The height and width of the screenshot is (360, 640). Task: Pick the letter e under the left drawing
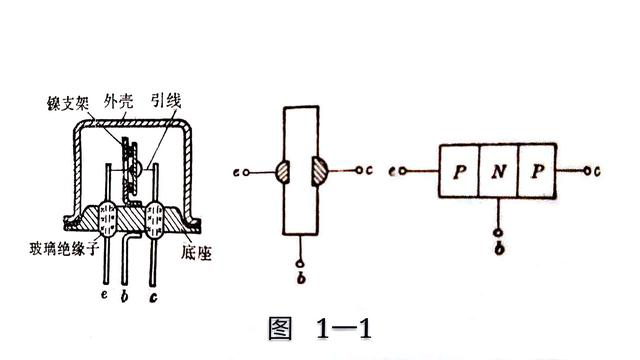(x=106, y=297)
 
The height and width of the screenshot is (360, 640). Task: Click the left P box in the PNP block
(x=459, y=172)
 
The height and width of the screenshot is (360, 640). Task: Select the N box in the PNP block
(x=499, y=172)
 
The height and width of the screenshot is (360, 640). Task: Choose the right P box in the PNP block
(x=540, y=172)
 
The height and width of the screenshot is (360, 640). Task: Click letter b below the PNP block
(x=499, y=246)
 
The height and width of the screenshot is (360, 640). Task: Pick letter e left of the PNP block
(x=400, y=172)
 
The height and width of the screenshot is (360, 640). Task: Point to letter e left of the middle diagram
(x=234, y=172)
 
